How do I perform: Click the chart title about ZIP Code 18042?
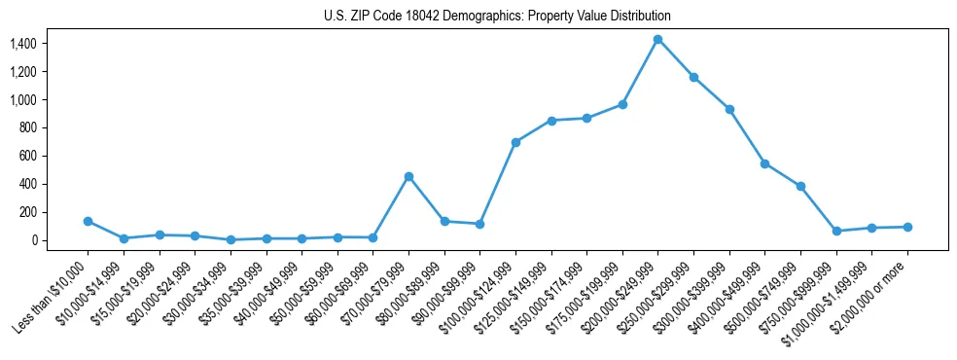click(x=497, y=17)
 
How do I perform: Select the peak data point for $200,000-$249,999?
click(x=658, y=39)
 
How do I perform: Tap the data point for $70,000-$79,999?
click(x=408, y=176)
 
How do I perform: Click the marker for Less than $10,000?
click(x=88, y=221)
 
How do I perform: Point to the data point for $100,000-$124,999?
click(x=515, y=142)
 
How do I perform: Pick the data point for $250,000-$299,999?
click(x=693, y=77)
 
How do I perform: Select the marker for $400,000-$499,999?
click(x=765, y=163)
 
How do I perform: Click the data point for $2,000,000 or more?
click(x=907, y=227)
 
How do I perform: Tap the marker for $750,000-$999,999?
click(x=836, y=231)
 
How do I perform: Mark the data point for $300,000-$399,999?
click(x=729, y=109)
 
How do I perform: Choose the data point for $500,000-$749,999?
click(x=800, y=186)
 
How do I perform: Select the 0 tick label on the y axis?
click(x=33, y=240)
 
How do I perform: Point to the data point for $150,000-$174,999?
click(x=586, y=118)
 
